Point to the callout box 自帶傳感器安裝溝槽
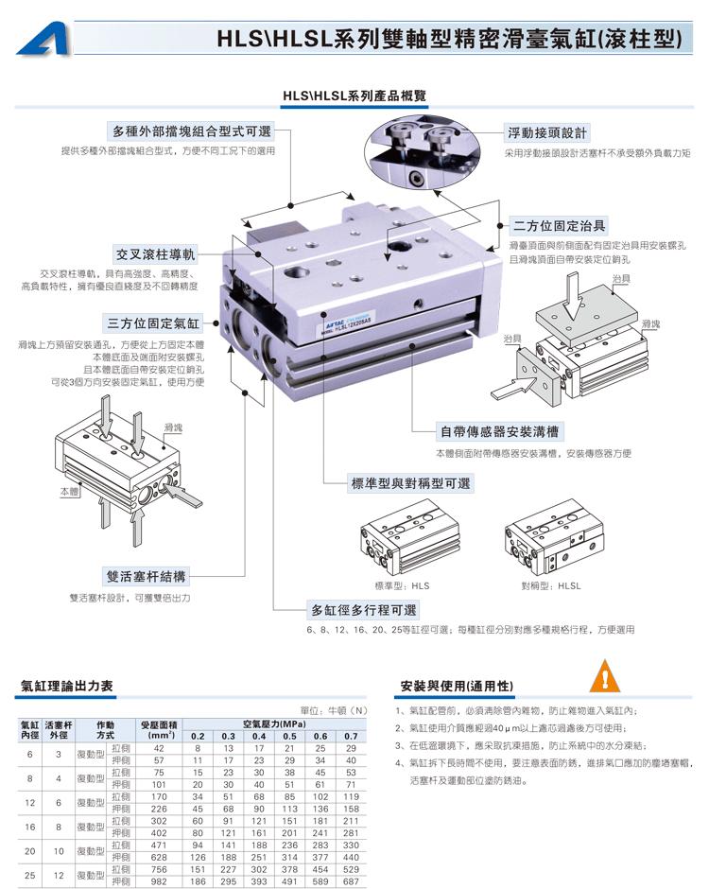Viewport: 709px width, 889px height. tap(498, 432)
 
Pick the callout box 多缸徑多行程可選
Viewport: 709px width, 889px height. tap(364, 610)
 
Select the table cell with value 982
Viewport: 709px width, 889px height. tap(158, 880)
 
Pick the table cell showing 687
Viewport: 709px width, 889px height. tap(351, 880)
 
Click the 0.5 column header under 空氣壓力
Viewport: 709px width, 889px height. tap(289, 735)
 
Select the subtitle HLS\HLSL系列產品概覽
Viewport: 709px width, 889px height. tap(354, 96)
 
